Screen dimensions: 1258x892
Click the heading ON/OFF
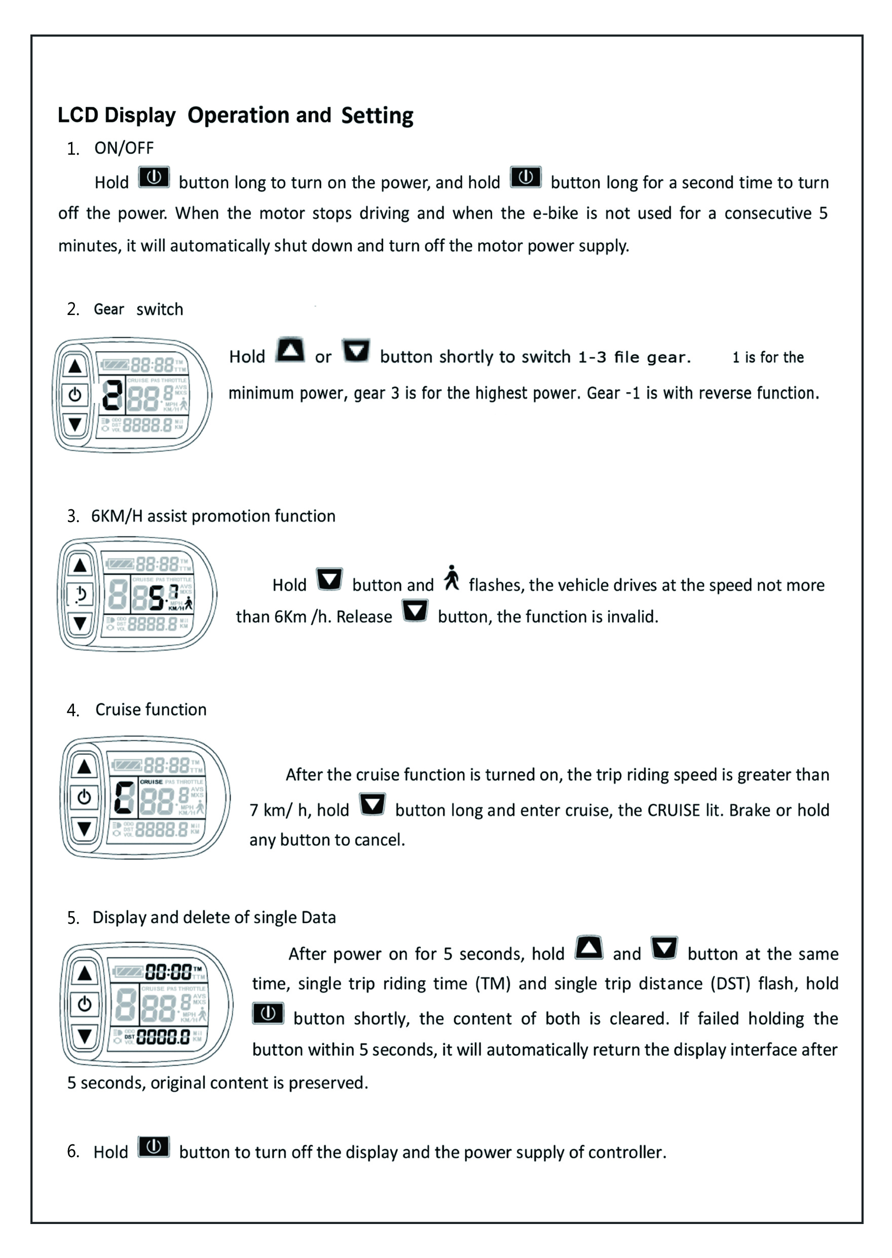tap(124, 148)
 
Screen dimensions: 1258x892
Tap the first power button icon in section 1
tap(154, 178)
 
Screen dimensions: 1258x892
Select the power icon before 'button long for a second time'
tap(526, 178)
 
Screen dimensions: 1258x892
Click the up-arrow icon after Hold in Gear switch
tap(290, 350)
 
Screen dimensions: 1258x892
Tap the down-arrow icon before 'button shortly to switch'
tap(356, 351)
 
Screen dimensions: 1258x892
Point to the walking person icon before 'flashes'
tap(452, 578)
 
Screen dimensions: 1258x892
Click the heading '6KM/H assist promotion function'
tap(213, 516)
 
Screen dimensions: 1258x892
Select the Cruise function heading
tap(151, 710)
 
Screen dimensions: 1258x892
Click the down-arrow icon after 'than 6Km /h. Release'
tap(415, 611)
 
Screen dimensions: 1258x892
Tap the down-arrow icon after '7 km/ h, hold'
tap(373, 805)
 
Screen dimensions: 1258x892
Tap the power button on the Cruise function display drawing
tap(84, 797)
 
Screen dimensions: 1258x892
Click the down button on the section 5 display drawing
tap(85, 1037)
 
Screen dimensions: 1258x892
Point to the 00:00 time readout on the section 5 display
tap(168, 972)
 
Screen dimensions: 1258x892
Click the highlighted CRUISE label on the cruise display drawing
tap(151, 782)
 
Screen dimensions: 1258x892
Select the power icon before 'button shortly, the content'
tap(268, 1014)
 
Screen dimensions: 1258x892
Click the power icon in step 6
tap(154, 1147)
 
